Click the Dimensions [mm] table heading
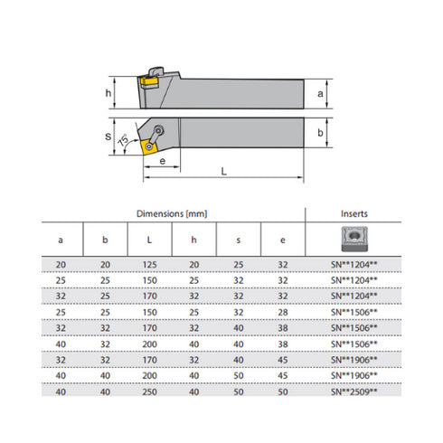coord(172,213)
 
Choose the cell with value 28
coord(282,312)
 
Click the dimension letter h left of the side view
coord(107,93)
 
